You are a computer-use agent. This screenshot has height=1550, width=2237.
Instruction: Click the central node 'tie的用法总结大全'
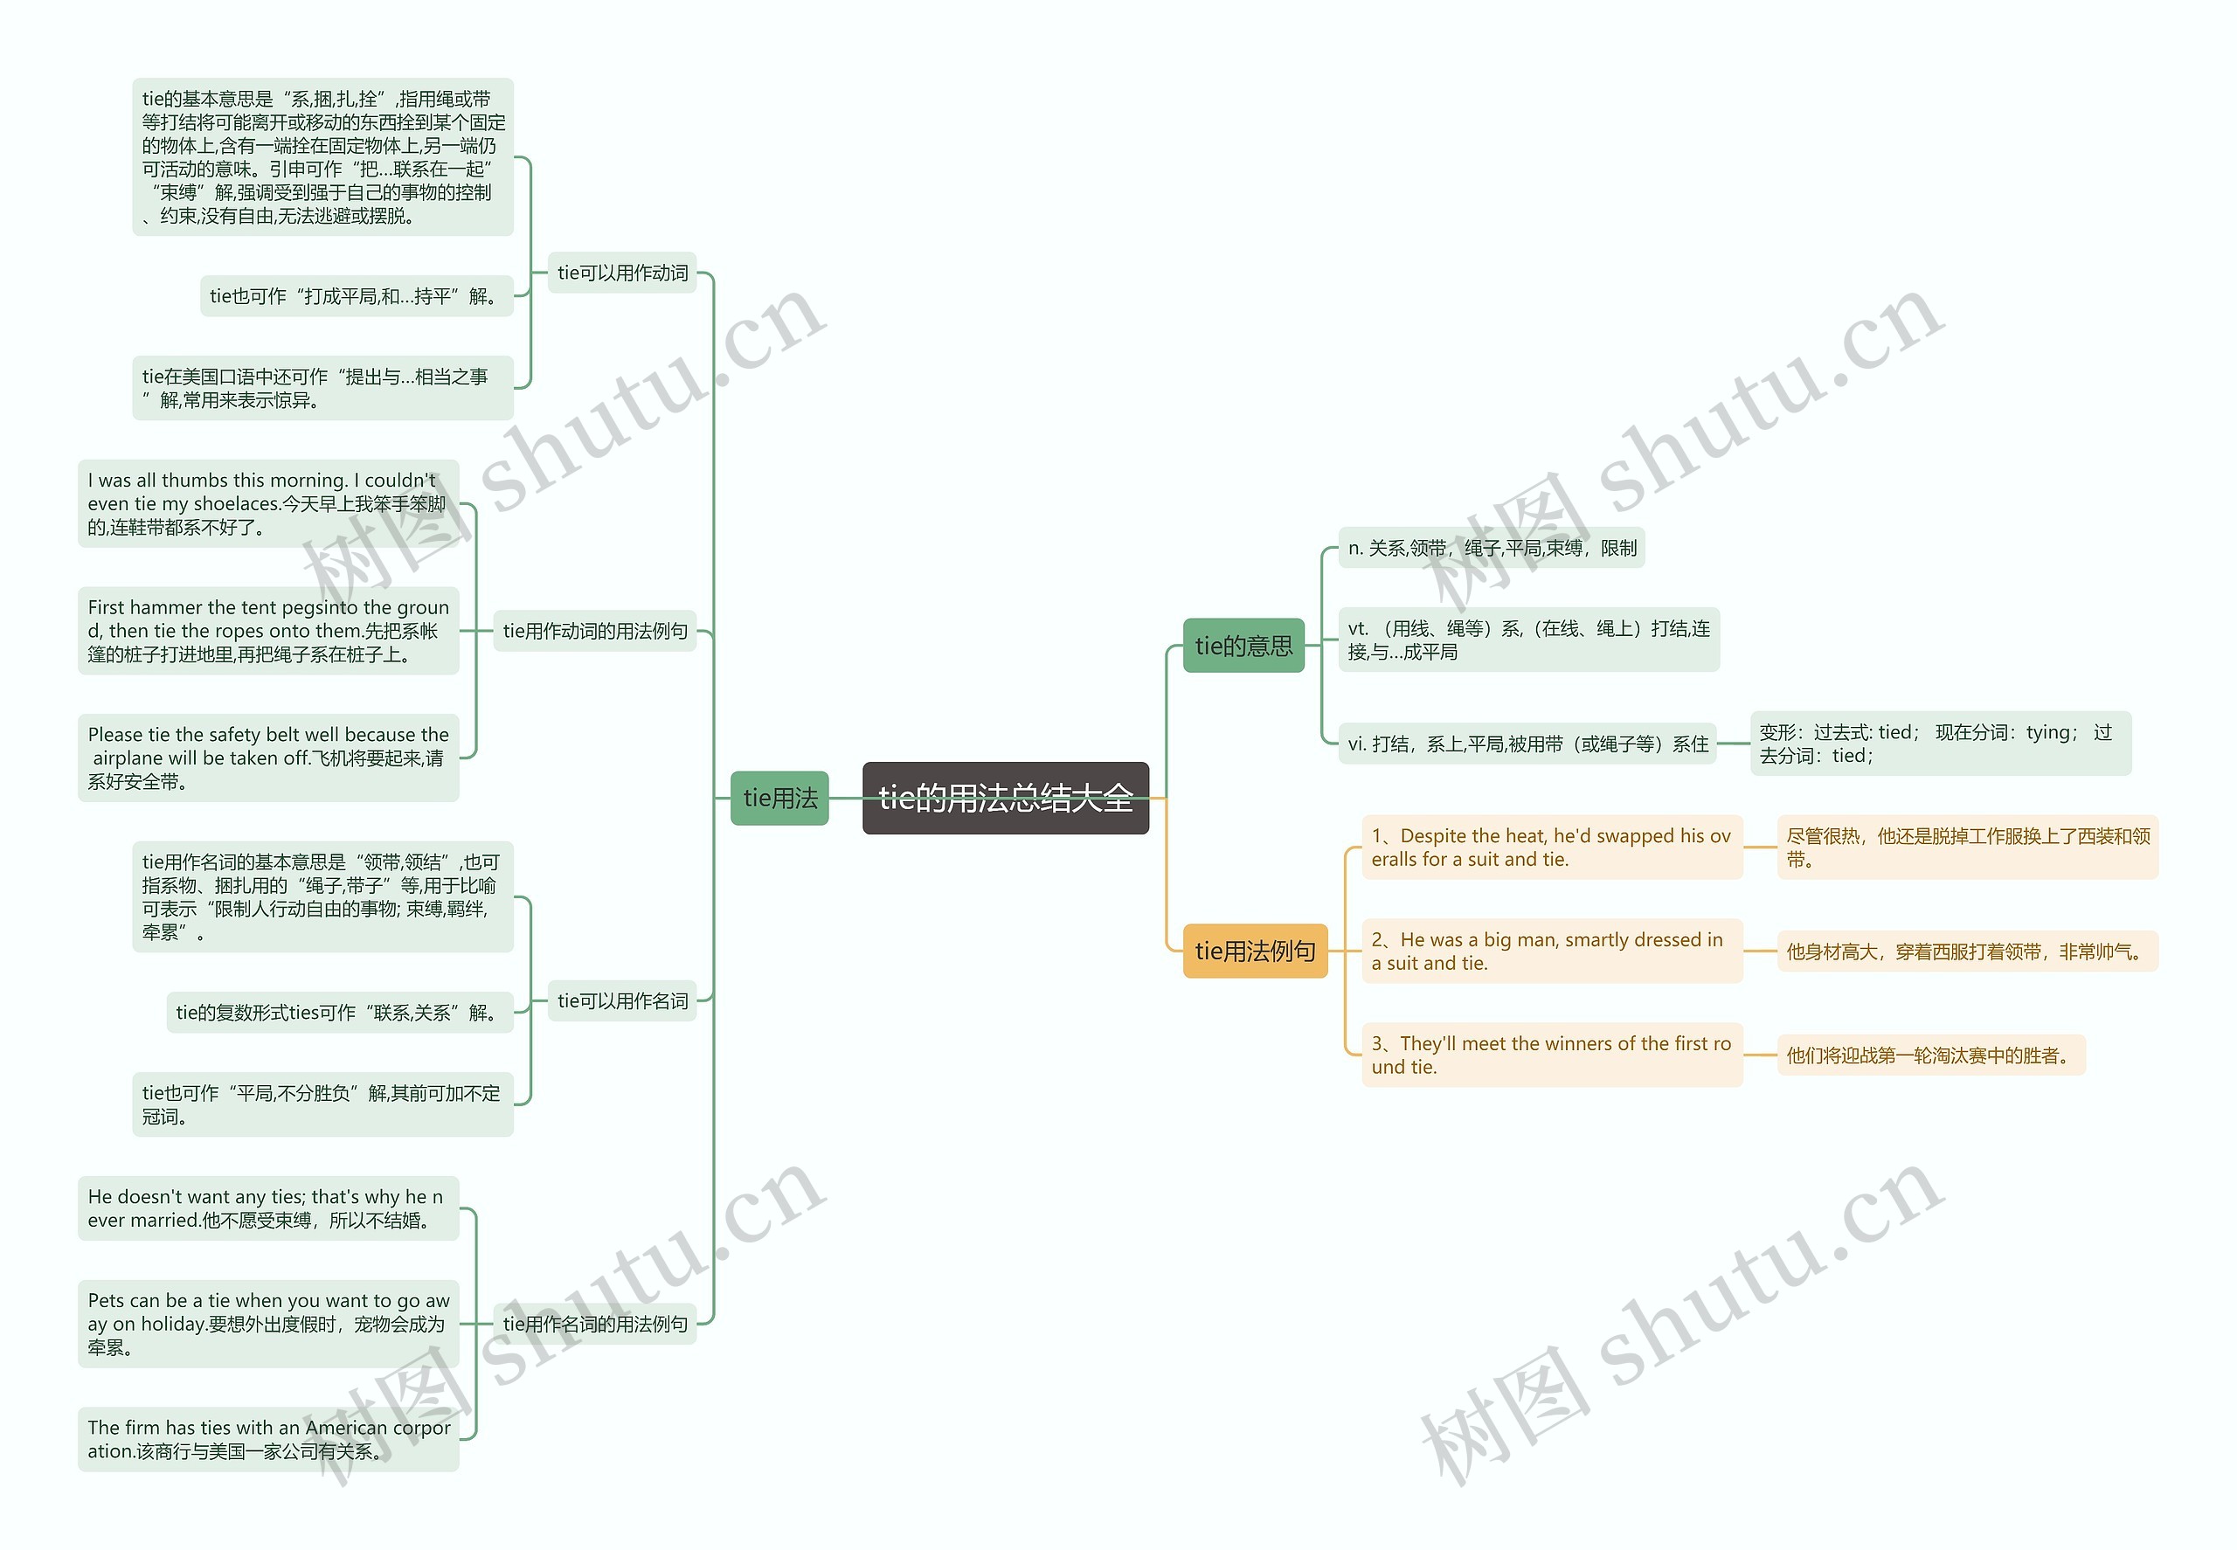(x=1004, y=799)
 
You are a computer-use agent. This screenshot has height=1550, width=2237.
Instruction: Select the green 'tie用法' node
(x=779, y=799)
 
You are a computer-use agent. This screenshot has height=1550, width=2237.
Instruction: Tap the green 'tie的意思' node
(x=1243, y=646)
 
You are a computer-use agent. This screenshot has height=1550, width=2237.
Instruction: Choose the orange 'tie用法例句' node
(x=1254, y=951)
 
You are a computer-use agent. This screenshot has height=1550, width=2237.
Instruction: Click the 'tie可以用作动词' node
(x=621, y=273)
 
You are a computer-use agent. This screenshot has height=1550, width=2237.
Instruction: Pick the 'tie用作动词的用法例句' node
(x=594, y=631)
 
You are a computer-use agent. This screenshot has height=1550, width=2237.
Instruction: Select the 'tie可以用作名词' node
(x=621, y=1000)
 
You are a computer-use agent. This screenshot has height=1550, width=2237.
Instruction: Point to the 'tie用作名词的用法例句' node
(x=594, y=1324)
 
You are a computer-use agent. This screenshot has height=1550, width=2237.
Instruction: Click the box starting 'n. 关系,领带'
(x=1491, y=549)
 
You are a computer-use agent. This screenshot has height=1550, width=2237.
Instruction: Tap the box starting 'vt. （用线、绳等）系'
(x=1528, y=640)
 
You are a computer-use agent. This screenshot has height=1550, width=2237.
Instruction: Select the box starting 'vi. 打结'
(x=1527, y=744)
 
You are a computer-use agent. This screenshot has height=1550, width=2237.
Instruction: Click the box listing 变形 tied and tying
(x=1940, y=744)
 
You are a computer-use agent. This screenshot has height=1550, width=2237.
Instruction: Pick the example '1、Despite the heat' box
(x=1551, y=848)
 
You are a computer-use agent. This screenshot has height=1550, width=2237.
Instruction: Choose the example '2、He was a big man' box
(x=1551, y=951)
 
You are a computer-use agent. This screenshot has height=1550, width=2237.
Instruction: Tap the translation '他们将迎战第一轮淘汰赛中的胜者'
(x=1930, y=1055)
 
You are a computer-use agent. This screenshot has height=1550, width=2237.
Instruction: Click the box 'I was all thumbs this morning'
(x=268, y=504)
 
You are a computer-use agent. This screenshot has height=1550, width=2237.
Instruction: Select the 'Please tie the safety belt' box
(x=268, y=758)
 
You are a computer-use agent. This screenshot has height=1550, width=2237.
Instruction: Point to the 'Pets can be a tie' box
(x=268, y=1324)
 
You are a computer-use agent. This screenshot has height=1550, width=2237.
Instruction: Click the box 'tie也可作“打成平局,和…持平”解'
(x=356, y=296)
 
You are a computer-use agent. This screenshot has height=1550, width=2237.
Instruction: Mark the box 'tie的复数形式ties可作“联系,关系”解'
(x=339, y=1013)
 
